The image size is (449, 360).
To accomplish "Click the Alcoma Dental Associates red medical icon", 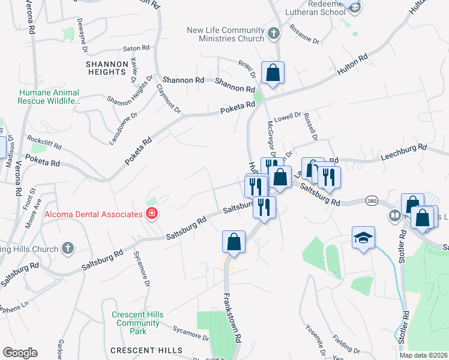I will click(151, 214).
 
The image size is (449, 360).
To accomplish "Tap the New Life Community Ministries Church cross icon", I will click(273, 34).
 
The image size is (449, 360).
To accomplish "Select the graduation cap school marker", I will click(363, 238).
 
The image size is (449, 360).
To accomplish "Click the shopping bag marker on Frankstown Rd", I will click(234, 242).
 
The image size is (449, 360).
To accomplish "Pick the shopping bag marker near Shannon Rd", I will click(273, 73).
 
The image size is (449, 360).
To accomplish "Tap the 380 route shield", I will click(372, 201).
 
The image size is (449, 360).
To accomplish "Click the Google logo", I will click(20, 353).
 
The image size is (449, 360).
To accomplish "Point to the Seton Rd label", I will click(136, 48).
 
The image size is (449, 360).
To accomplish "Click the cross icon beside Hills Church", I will click(68, 248).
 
